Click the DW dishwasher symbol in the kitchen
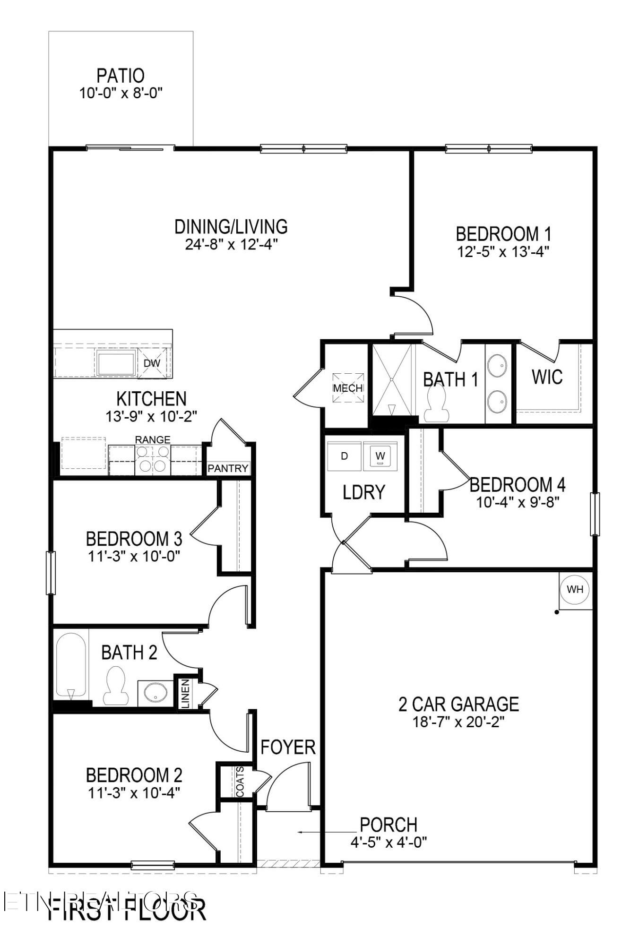coord(152,363)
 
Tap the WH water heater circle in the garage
coord(575,589)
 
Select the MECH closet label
coord(348,388)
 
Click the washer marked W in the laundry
coord(380,456)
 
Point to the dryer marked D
coord(345,456)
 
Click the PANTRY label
coord(228,468)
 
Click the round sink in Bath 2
coord(155,694)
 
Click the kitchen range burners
coord(153,459)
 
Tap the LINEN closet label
coord(185,694)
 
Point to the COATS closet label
coord(240,782)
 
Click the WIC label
coord(547,377)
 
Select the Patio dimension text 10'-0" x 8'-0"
coord(121,93)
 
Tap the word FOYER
coord(288,747)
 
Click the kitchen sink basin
coord(116,363)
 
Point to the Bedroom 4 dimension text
coord(518,502)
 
